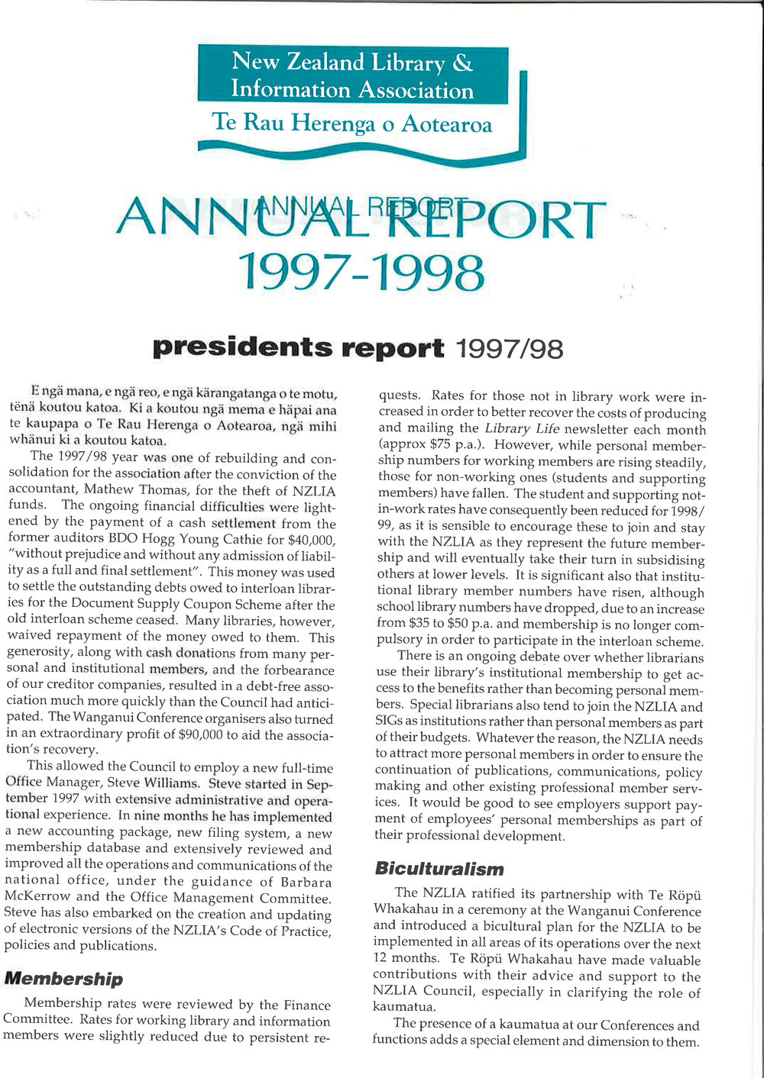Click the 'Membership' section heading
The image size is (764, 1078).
(x=63, y=979)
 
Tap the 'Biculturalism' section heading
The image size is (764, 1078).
(x=439, y=869)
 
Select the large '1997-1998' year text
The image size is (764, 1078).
(x=361, y=273)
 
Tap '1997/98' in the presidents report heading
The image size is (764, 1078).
(x=509, y=349)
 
